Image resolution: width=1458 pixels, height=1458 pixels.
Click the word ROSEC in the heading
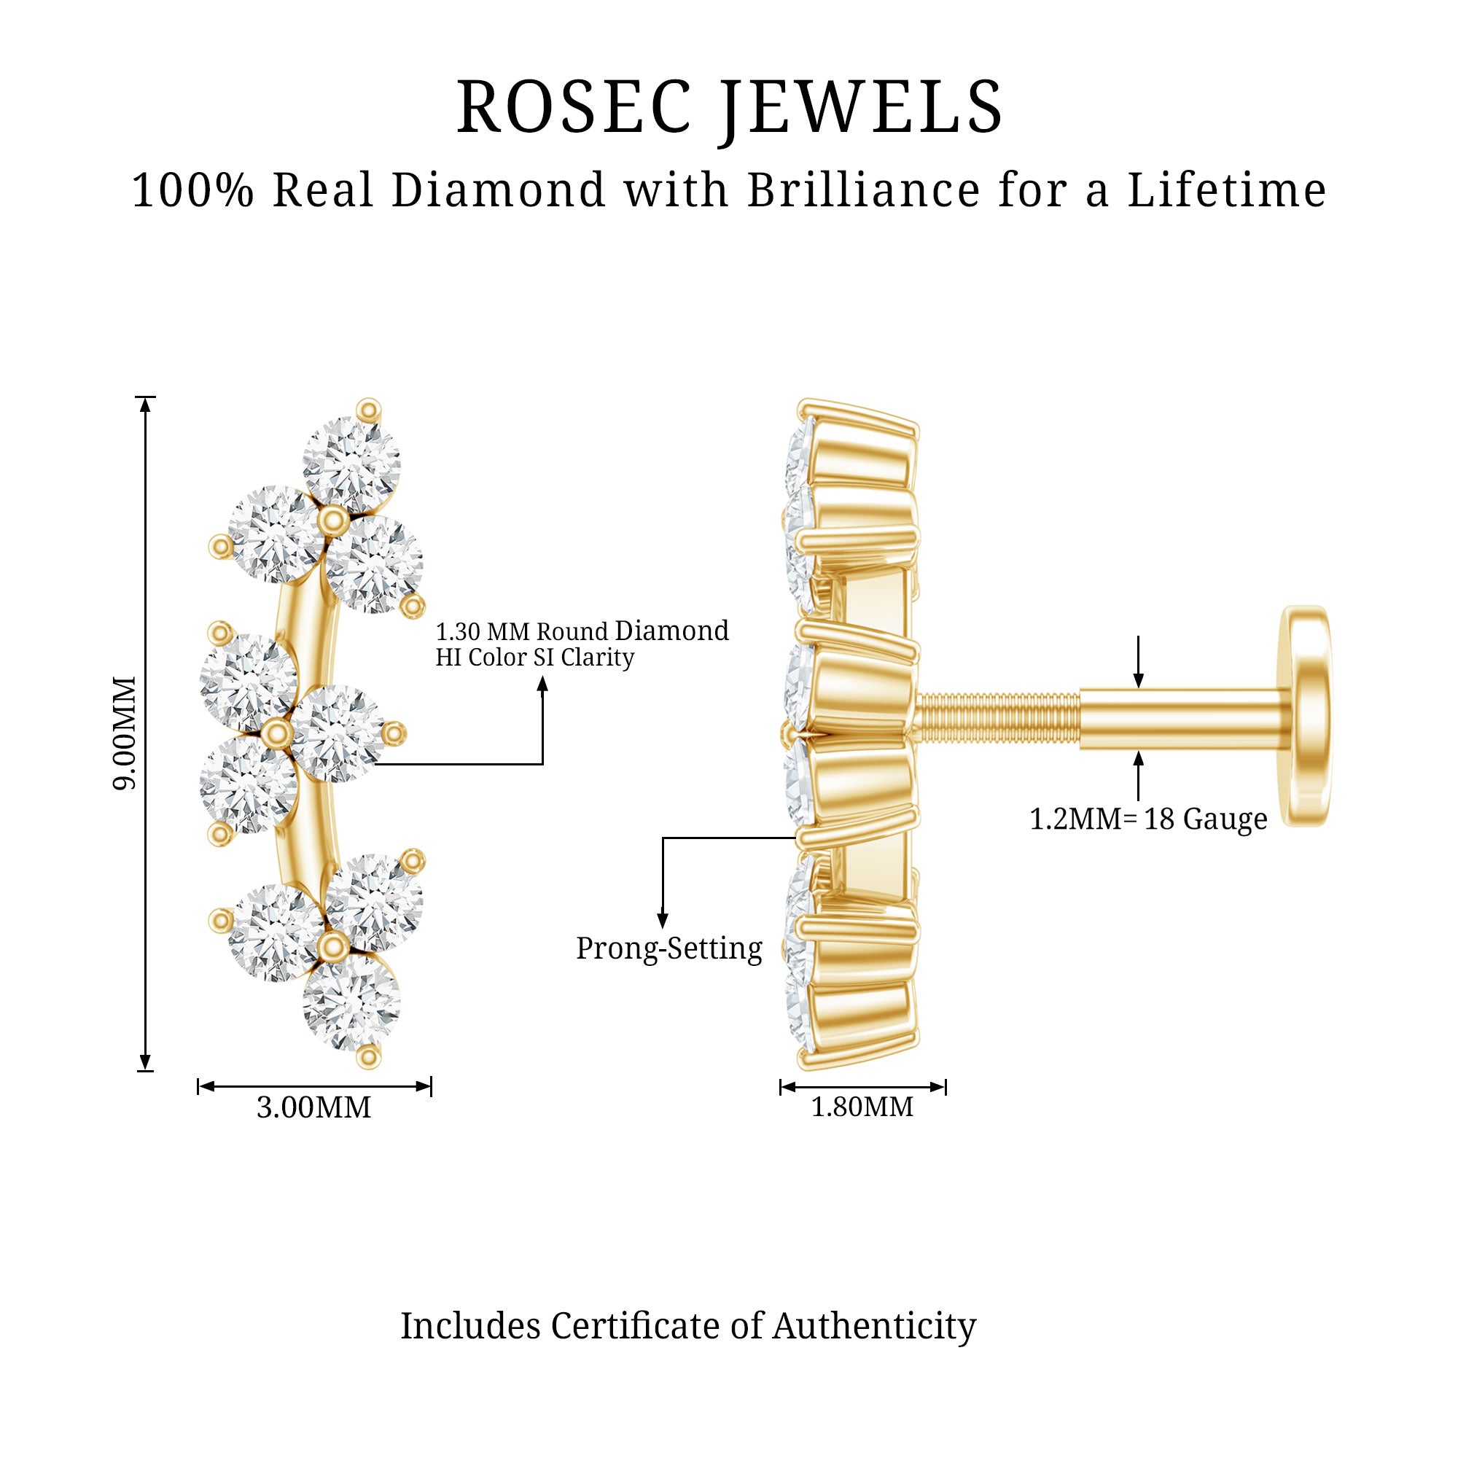pos(574,107)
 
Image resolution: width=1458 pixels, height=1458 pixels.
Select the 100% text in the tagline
pos(193,190)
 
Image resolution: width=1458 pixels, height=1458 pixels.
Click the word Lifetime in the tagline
pos(1227,190)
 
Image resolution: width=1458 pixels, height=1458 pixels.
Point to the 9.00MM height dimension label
pos(125,733)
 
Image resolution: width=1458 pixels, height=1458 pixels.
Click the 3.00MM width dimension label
pos(314,1107)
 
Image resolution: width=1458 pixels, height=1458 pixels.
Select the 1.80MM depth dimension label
pos(862,1107)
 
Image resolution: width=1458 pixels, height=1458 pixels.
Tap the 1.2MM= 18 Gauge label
pos(1149,819)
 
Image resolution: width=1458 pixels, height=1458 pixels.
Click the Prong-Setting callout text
pos(669,948)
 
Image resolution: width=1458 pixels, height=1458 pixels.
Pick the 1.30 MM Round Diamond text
pos(582,631)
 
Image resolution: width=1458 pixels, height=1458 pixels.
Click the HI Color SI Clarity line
pos(535,658)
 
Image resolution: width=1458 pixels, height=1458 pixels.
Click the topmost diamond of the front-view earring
pos(351,464)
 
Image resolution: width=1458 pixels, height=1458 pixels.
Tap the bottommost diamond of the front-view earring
pos(351,1002)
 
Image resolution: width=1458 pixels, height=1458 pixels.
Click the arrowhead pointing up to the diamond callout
pos(542,684)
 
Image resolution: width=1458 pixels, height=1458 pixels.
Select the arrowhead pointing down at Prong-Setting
pos(663,921)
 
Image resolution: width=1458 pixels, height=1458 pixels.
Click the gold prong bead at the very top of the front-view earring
pos(368,410)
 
